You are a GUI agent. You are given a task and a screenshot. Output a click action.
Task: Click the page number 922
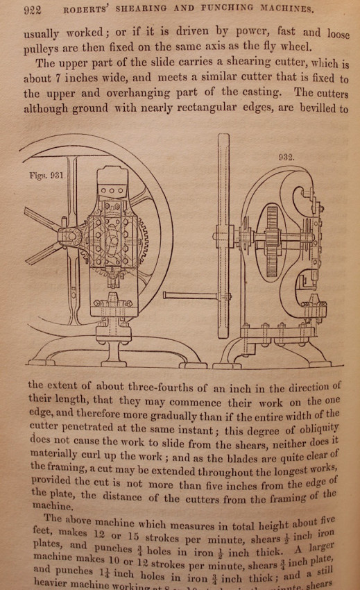tap(33, 10)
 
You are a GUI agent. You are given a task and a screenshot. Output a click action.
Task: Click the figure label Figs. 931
tap(47, 176)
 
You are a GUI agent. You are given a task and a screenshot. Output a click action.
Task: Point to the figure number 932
tap(286, 157)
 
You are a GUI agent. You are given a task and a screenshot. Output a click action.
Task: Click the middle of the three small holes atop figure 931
tap(112, 190)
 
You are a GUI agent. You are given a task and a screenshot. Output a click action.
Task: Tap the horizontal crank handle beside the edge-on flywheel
tap(191, 296)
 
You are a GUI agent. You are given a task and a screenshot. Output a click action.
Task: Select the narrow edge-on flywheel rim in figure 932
tap(223, 235)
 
